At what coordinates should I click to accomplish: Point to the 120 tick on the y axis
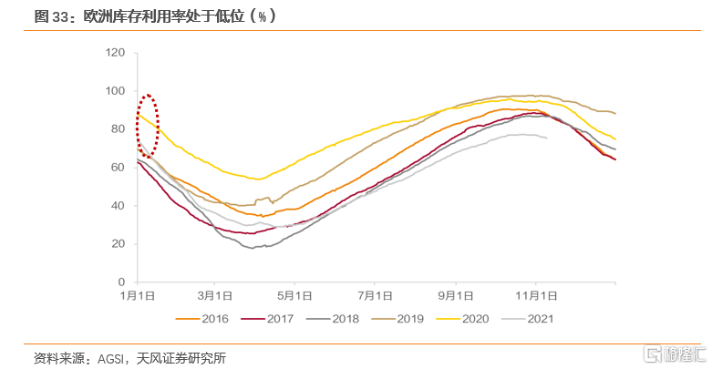tap(115, 53)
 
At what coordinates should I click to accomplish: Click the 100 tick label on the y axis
tap(115, 91)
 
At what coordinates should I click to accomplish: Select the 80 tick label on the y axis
tap(118, 129)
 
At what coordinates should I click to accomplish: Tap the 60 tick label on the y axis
tap(118, 168)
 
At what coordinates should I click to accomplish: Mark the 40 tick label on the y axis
tap(118, 206)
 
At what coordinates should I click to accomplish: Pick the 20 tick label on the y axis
tap(118, 244)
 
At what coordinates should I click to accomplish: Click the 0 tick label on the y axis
tap(121, 282)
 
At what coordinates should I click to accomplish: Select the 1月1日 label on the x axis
tap(137, 296)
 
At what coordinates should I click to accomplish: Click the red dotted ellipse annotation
tap(148, 125)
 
